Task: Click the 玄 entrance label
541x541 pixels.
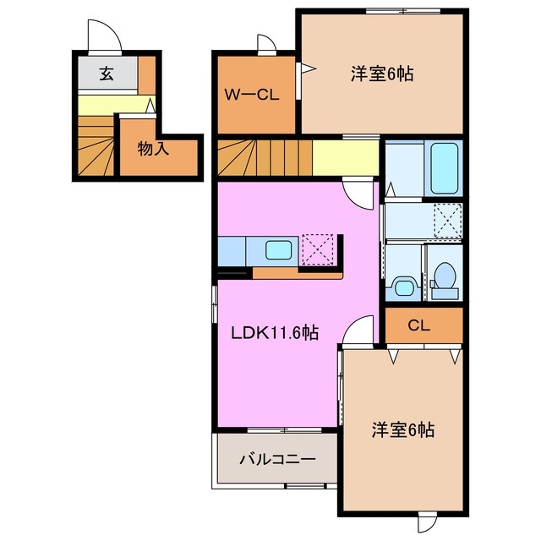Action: [107, 74]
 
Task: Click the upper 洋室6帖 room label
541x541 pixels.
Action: [381, 74]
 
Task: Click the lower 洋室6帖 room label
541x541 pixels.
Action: [403, 429]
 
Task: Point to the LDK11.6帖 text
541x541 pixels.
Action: [275, 333]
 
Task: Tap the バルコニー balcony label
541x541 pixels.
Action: [276, 460]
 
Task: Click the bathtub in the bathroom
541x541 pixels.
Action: [445, 168]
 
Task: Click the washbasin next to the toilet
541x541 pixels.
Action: [402, 286]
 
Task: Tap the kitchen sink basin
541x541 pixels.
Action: [277, 250]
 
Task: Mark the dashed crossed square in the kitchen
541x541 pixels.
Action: [319, 250]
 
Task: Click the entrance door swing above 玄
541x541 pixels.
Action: [106, 38]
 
